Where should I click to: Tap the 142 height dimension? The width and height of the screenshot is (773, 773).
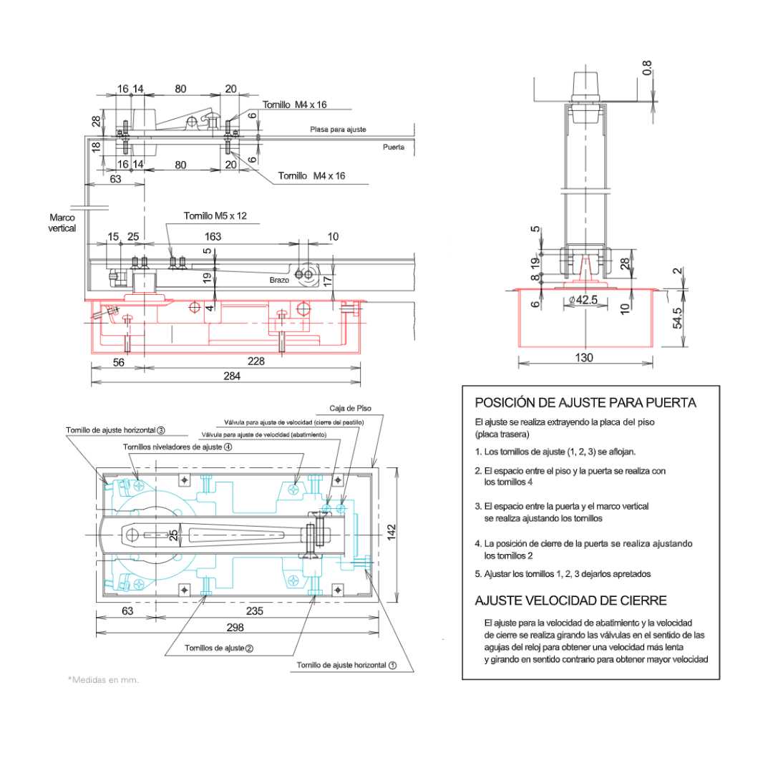tap(391, 530)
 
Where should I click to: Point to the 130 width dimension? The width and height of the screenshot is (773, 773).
tap(585, 357)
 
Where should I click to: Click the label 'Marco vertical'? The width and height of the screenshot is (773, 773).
tap(62, 223)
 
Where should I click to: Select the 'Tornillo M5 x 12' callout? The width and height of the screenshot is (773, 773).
tap(215, 216)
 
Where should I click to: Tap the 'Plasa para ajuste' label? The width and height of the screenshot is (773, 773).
tap(338, 130)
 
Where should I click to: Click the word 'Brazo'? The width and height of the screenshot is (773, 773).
tap(280, 280)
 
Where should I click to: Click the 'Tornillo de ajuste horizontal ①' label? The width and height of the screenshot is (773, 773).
tap(346, 665)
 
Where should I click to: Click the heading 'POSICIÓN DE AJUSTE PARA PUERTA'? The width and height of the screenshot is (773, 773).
tap(585, 403)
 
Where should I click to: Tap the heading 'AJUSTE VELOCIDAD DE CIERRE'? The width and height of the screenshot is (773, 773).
tap(570, 600)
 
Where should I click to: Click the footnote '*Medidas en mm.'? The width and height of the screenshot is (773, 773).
tap(103, 679)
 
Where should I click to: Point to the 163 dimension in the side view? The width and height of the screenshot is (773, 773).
tap(213, 236)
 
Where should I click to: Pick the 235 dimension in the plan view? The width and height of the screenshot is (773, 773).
tap(256, 611)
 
